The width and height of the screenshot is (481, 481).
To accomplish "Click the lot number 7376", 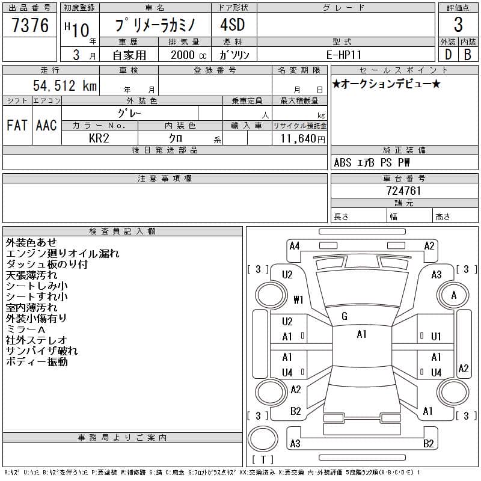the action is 30,25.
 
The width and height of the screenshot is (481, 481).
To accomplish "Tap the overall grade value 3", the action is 458,25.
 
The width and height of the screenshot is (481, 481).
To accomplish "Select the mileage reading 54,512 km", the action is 65,85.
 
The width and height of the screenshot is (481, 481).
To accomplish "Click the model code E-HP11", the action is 343,55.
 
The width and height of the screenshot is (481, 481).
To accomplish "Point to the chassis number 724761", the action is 403,191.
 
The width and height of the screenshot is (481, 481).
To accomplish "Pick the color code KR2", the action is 99,138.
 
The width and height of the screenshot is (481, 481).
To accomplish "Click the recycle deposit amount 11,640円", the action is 302,139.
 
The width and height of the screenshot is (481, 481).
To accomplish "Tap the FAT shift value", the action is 17,126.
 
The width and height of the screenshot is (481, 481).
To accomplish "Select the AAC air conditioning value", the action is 46,126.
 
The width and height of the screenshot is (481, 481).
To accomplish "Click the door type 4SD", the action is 233,25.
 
